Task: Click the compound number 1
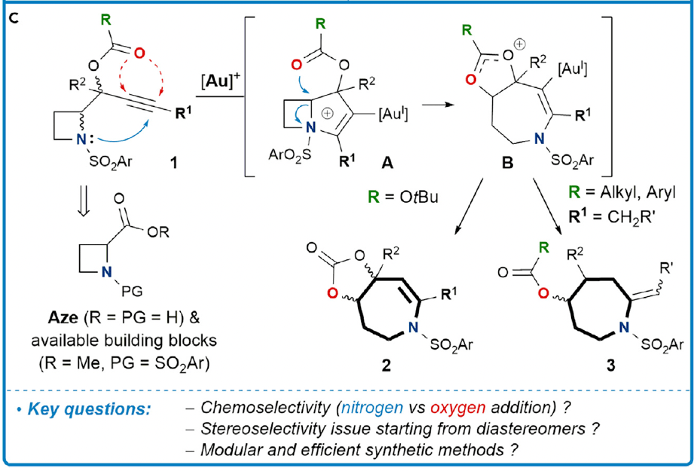[x=176, y=161]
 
